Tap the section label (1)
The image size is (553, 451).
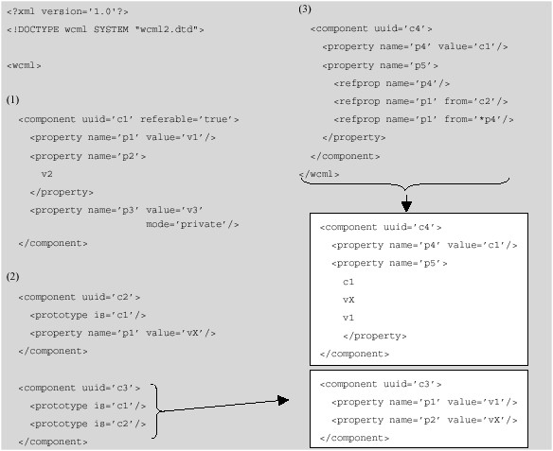click(12, 99)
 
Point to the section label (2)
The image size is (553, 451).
click(12, 276)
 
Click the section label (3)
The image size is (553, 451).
click(304, 9)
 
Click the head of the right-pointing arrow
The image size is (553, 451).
click(283, 401)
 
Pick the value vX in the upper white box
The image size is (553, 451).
click(348, 300)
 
